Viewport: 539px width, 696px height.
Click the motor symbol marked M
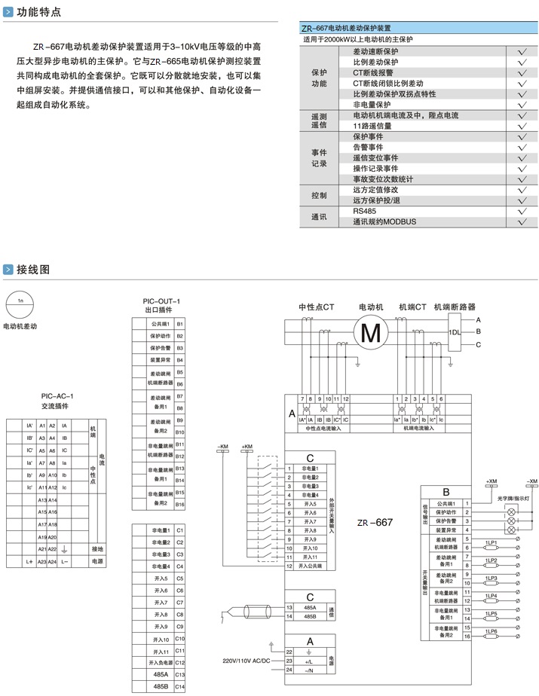371,331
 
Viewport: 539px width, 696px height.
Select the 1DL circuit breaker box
455,332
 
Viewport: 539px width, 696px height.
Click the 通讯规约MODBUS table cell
384,222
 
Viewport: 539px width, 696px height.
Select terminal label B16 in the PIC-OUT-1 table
179,504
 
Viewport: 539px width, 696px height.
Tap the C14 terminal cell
179,686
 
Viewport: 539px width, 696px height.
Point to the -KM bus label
223,447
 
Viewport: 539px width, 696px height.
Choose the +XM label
491,481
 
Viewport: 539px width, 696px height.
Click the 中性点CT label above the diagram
317,307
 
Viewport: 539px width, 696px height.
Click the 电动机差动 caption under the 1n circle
20,326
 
